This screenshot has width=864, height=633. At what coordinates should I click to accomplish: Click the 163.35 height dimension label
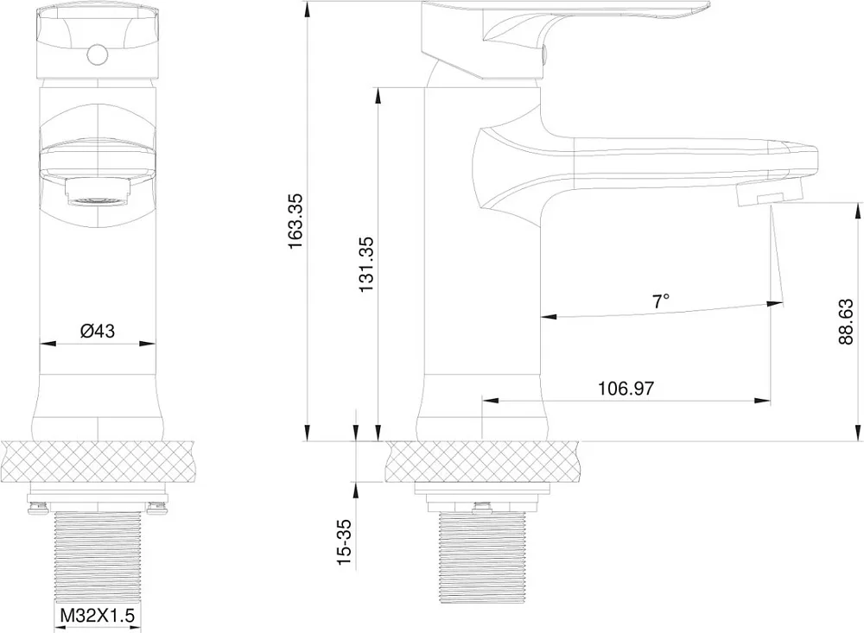point(295,220)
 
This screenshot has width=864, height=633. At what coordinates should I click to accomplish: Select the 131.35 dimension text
point(365,264)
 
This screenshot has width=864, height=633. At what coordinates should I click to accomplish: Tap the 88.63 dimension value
point(845,322)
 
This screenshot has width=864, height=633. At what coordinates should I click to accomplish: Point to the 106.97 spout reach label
point(626,389)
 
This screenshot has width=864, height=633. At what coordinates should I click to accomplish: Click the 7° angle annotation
point(661,301)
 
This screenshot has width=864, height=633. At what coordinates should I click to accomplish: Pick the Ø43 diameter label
point(97,331)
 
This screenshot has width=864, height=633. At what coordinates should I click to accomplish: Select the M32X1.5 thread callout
point(97,615)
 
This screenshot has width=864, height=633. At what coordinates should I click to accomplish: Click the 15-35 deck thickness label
point(344,542)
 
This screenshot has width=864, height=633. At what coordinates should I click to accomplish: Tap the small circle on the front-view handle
point(97,54)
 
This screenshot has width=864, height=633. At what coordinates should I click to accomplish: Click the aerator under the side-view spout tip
point(769,195)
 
